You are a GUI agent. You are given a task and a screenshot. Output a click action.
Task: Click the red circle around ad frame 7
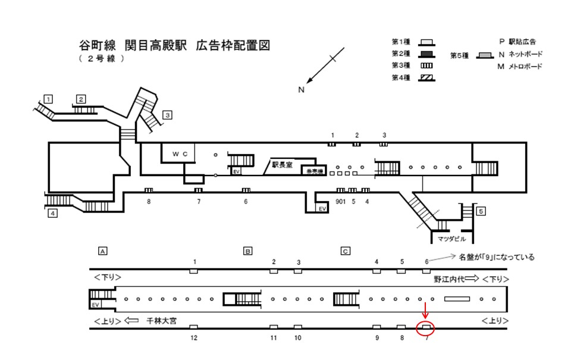(x=426, y=327)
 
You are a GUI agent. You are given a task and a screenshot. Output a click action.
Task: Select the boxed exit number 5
(x=481, y=211)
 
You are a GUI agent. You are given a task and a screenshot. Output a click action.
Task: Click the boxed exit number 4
(x=53, y=214)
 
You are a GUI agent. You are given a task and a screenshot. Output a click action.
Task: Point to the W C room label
(x=180, y=154)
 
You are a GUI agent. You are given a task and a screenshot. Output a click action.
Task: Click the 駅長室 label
(x=283, y=165)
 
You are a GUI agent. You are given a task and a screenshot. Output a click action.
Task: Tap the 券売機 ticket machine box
(x=313, y=171)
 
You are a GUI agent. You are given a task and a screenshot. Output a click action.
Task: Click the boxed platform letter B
(x=247, y=251)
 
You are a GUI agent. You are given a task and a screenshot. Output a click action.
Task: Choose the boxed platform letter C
(x=345, y=251)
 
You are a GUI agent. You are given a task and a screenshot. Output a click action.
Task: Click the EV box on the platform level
(x=95, y=304)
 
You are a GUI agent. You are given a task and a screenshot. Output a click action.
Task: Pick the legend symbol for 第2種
(x=426, y=54)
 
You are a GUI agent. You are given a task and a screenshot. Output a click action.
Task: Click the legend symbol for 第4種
(x=426, y=77)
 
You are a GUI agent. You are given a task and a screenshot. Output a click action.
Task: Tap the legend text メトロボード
(x=524, y=67)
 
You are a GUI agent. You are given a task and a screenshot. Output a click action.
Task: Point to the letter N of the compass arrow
(x=302, y=90)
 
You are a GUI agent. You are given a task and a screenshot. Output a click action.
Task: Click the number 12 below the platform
(x=194, y=338)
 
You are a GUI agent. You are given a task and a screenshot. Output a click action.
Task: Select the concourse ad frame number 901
(x=340, y=201)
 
